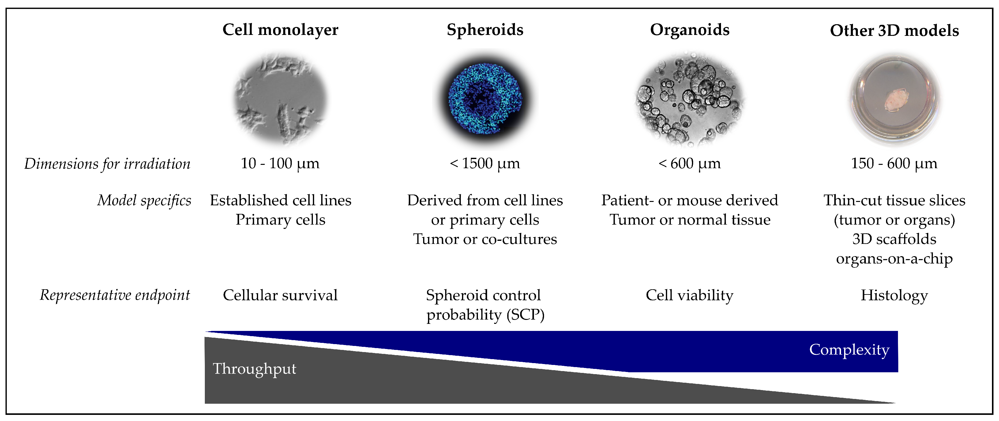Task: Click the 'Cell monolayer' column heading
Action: click(280, 30)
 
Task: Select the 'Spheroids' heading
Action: click(485, 30)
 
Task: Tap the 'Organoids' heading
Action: click(689, 30)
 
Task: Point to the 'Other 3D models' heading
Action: click(894, 31)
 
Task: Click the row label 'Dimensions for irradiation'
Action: click(107, 164)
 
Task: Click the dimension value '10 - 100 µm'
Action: click(280, 164)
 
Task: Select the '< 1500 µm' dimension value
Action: click(485, 164)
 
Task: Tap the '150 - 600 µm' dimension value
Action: click(894, 164)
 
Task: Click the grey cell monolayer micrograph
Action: click(280, 99)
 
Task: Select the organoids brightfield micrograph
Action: click(690, 99)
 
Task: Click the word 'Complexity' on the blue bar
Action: click(849, 350)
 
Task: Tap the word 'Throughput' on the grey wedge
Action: click(254, 369)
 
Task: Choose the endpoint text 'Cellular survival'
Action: click(280, 295)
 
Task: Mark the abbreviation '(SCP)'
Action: click(525, 315)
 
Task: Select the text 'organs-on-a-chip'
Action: click(894, 259)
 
